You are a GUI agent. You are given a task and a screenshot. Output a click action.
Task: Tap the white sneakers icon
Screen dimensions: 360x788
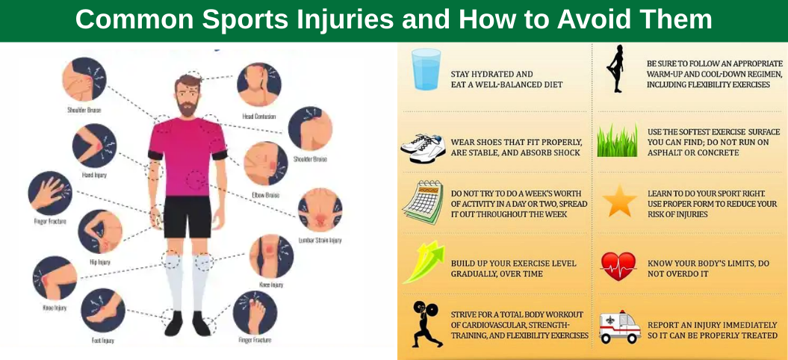pos(423,147)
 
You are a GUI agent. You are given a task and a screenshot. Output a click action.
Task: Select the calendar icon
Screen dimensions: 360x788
pos(423,202)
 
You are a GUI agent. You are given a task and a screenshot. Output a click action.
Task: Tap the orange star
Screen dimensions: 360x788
pos(620,201)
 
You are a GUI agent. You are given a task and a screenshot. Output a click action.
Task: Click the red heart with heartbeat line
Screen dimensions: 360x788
pos(618,266)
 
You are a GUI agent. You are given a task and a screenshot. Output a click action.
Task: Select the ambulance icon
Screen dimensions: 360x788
pos(620,327)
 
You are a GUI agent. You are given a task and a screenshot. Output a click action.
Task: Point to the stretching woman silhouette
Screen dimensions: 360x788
pos(616,69)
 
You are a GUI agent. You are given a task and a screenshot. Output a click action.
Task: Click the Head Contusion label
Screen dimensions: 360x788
pos(258,117)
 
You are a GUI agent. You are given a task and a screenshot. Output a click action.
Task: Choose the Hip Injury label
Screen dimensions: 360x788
pos(99,263)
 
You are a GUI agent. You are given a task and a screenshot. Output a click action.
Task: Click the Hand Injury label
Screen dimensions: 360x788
pos(93,176)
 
